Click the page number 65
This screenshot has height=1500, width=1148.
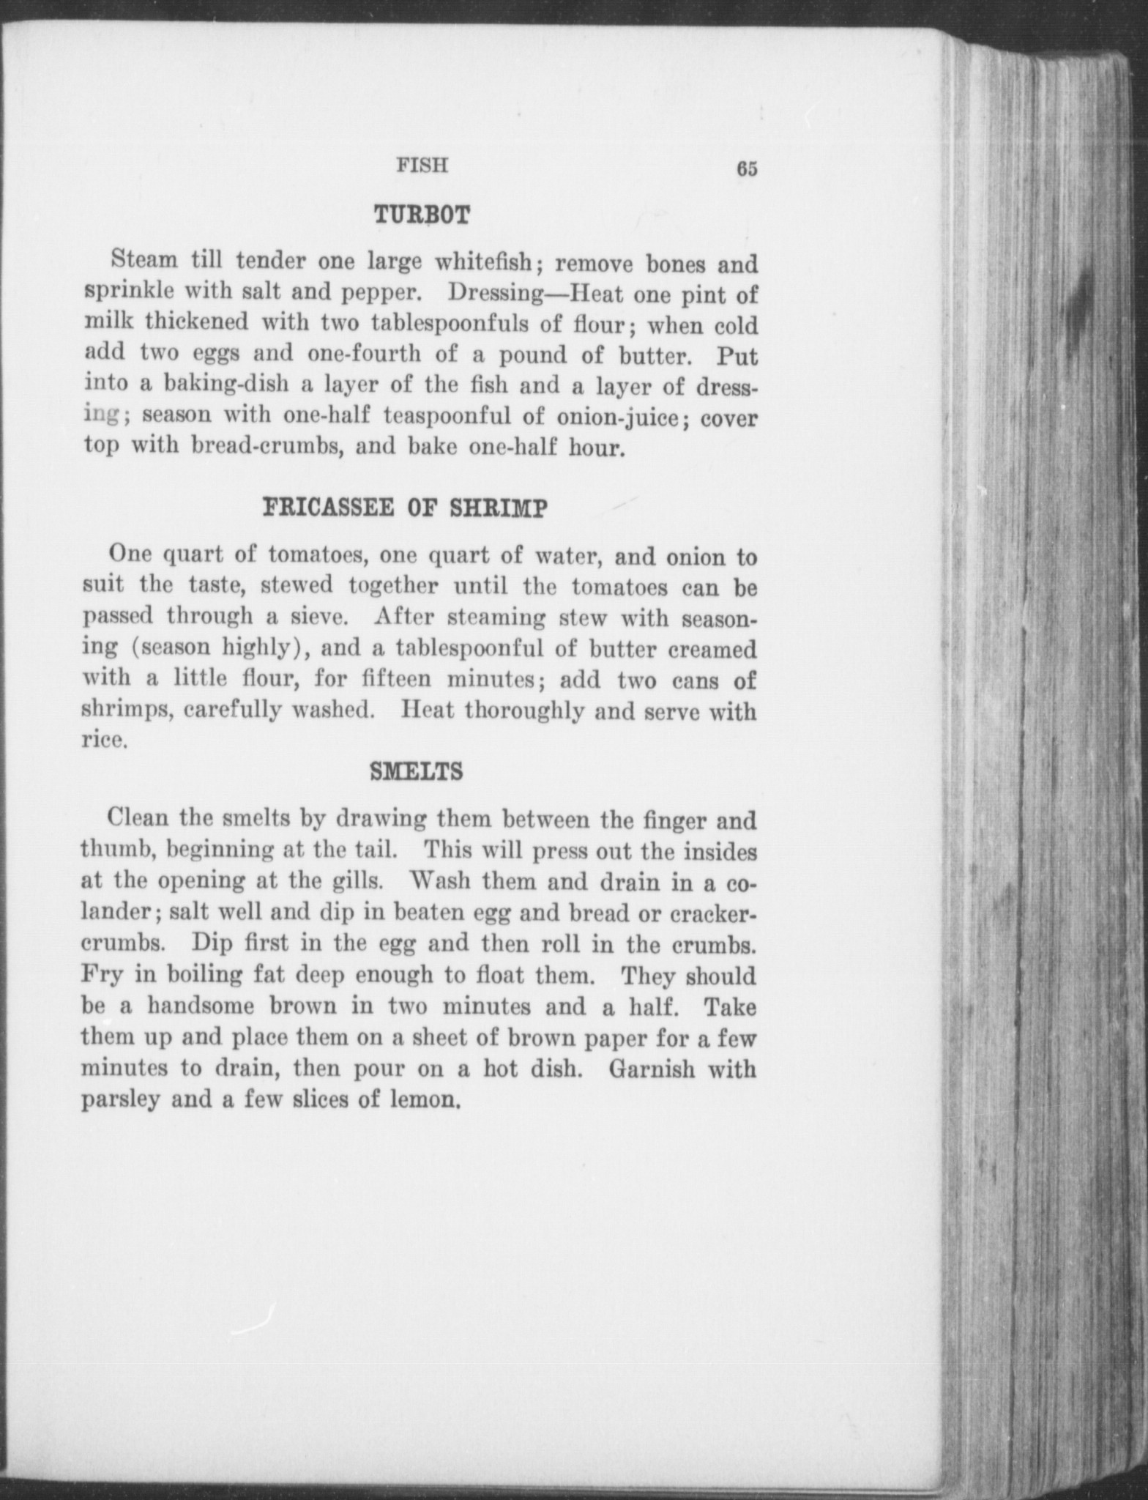[x=746, y=169]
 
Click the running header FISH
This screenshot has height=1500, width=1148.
[x=422, y=166]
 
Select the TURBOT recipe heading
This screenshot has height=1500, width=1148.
[x=421, y=215]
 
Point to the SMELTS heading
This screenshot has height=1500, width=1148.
[x=416, y=772]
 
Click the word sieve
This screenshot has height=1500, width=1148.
[x=314, y=617]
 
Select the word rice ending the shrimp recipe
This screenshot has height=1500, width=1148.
[x=103, y=740]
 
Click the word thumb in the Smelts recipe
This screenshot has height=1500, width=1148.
[x=113, y=850]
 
